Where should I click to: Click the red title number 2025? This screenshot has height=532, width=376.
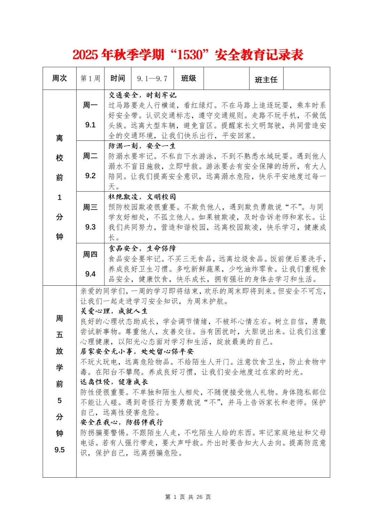(x=86, y=55)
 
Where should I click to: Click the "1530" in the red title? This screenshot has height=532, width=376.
(x=189, y=55)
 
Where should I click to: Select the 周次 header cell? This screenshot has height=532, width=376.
(x=60, y=78)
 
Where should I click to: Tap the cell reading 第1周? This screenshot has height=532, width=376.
(x=90, y=78)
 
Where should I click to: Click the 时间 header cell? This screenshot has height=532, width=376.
(x=118, y=78)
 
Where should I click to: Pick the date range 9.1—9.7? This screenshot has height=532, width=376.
(x=152, y=78)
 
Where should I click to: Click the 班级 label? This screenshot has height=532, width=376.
(x=189, y=78)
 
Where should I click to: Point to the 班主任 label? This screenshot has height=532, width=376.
(x=266, y=80)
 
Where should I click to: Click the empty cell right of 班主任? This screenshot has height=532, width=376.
(x=306, y=78)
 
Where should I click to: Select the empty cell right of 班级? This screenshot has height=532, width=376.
(x=226, y=78)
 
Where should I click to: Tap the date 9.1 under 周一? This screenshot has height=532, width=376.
(x=90, y=125)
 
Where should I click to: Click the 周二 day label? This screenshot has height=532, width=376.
(x=90, y=156)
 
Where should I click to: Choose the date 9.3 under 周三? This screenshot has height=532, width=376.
(x=90, y=227)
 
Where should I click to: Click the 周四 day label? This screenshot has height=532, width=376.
(x=90, y=254)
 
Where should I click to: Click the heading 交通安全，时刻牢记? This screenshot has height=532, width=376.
(x=142, y=95)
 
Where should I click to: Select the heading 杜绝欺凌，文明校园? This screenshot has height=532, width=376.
(x=142, y=197)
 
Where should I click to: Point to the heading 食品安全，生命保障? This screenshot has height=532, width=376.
(x=142, y=248)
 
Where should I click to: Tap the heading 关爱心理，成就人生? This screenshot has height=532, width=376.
(x=114, y=311)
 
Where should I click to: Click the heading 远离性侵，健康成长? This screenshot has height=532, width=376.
(x=114, y=382)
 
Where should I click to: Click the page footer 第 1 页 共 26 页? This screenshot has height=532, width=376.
(x=188, y=497)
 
